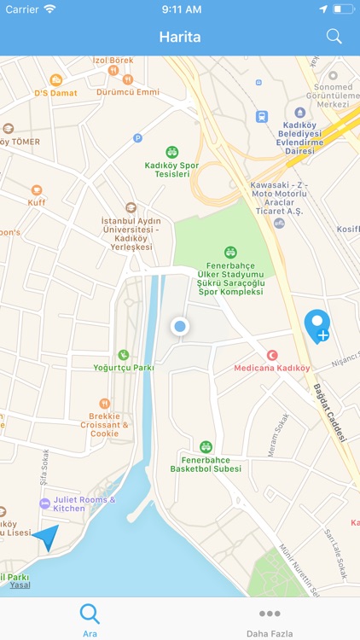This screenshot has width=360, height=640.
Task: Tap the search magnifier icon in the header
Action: coord(334,37)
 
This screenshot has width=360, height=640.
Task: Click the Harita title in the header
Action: coord(179,38)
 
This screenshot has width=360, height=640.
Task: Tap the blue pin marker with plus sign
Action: coord(317,326)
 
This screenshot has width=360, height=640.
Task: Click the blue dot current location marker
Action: coord(179,326)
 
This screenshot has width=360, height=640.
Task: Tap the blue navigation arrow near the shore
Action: coord(46,538)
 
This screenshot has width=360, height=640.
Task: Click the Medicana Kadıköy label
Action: coord(272,369)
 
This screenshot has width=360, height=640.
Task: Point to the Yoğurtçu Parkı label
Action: coord(124,368)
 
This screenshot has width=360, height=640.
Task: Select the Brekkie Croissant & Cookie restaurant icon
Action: coord(104,404)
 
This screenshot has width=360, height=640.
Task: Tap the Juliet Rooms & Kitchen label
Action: coord(84,503)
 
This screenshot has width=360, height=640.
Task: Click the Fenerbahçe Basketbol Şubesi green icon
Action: coord(206,446)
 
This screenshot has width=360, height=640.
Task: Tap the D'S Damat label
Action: coord(55,92)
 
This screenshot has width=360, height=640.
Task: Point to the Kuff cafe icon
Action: coord(36,191)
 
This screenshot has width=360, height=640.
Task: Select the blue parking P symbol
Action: coord(137,137)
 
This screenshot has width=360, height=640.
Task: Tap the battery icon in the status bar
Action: coord(343,9)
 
